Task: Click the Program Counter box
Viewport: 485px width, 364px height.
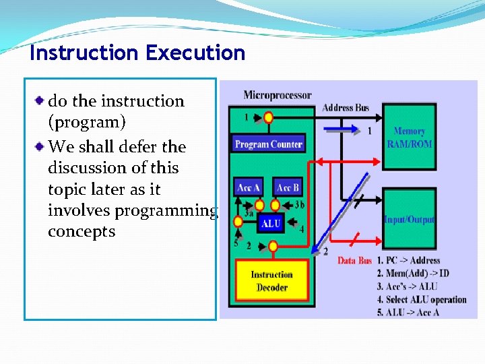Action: [x=268, y=144]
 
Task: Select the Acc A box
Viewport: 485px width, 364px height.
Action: [x=248, y=187]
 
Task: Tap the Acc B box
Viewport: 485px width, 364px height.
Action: [x=288, y=187]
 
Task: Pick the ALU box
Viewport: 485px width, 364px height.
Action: [x=270, y=224]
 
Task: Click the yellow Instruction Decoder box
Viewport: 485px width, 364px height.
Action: [x=272, y=280]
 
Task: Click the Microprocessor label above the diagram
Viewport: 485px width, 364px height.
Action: [x=277, y=95]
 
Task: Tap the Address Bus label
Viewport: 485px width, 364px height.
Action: [x=345, y=108]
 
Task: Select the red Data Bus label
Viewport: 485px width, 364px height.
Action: [x=355, y=260]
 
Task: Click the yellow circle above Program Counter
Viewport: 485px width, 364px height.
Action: [x=268, y=118]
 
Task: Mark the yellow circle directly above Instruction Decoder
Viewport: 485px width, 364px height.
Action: [x=272, y=247]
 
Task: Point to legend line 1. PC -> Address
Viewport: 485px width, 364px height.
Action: [x=409, y=260]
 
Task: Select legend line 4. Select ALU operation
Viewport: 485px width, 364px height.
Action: [x=422, y=299]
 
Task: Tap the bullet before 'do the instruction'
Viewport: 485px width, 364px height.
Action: [x=40, y=100]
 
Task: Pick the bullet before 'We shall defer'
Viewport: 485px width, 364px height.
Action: [x=40, y=146]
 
